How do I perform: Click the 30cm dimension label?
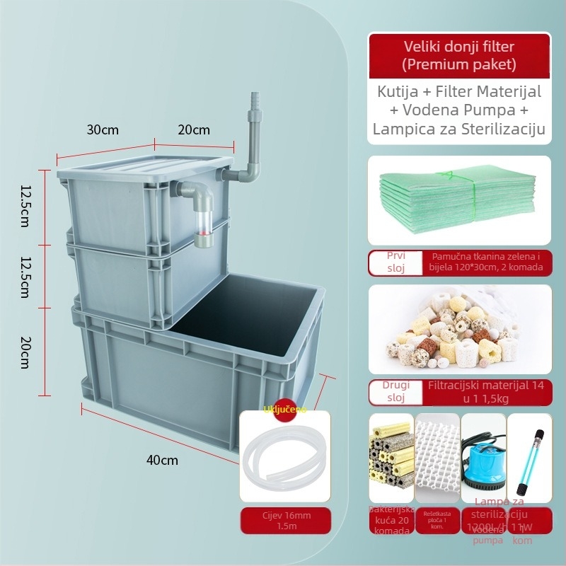click(103, 130)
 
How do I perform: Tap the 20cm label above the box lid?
click(193, 130)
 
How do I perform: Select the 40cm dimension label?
click(162, 460)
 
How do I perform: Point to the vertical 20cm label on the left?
click(25, 352)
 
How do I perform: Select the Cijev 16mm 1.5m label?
click(285, 520)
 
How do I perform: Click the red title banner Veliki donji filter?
click(458, 56)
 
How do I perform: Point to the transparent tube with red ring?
click(204, 226)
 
